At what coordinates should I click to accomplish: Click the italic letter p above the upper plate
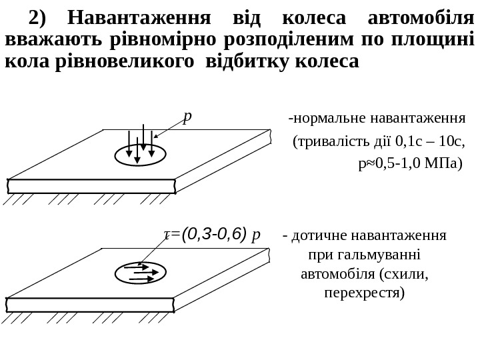[187, 117]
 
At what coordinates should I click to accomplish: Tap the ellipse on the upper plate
[140, 155]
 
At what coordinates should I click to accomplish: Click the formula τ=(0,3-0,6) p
[212, 234]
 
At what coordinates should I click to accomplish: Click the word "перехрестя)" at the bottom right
[364, 293]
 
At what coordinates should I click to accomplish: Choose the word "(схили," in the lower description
[403, 274]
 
